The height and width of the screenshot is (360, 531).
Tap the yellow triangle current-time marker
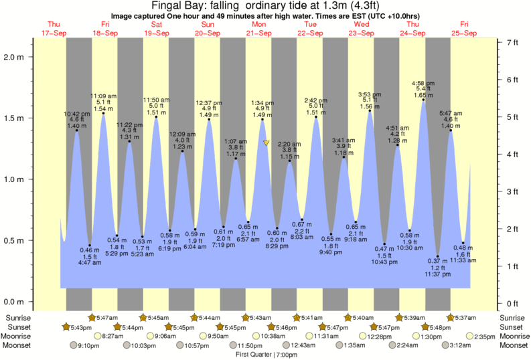pos(267,143)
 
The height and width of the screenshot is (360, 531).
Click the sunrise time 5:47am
pos(104,317)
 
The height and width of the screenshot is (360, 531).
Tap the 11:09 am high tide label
pos(103,96)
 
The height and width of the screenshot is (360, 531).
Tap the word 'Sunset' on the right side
pos(512,327)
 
